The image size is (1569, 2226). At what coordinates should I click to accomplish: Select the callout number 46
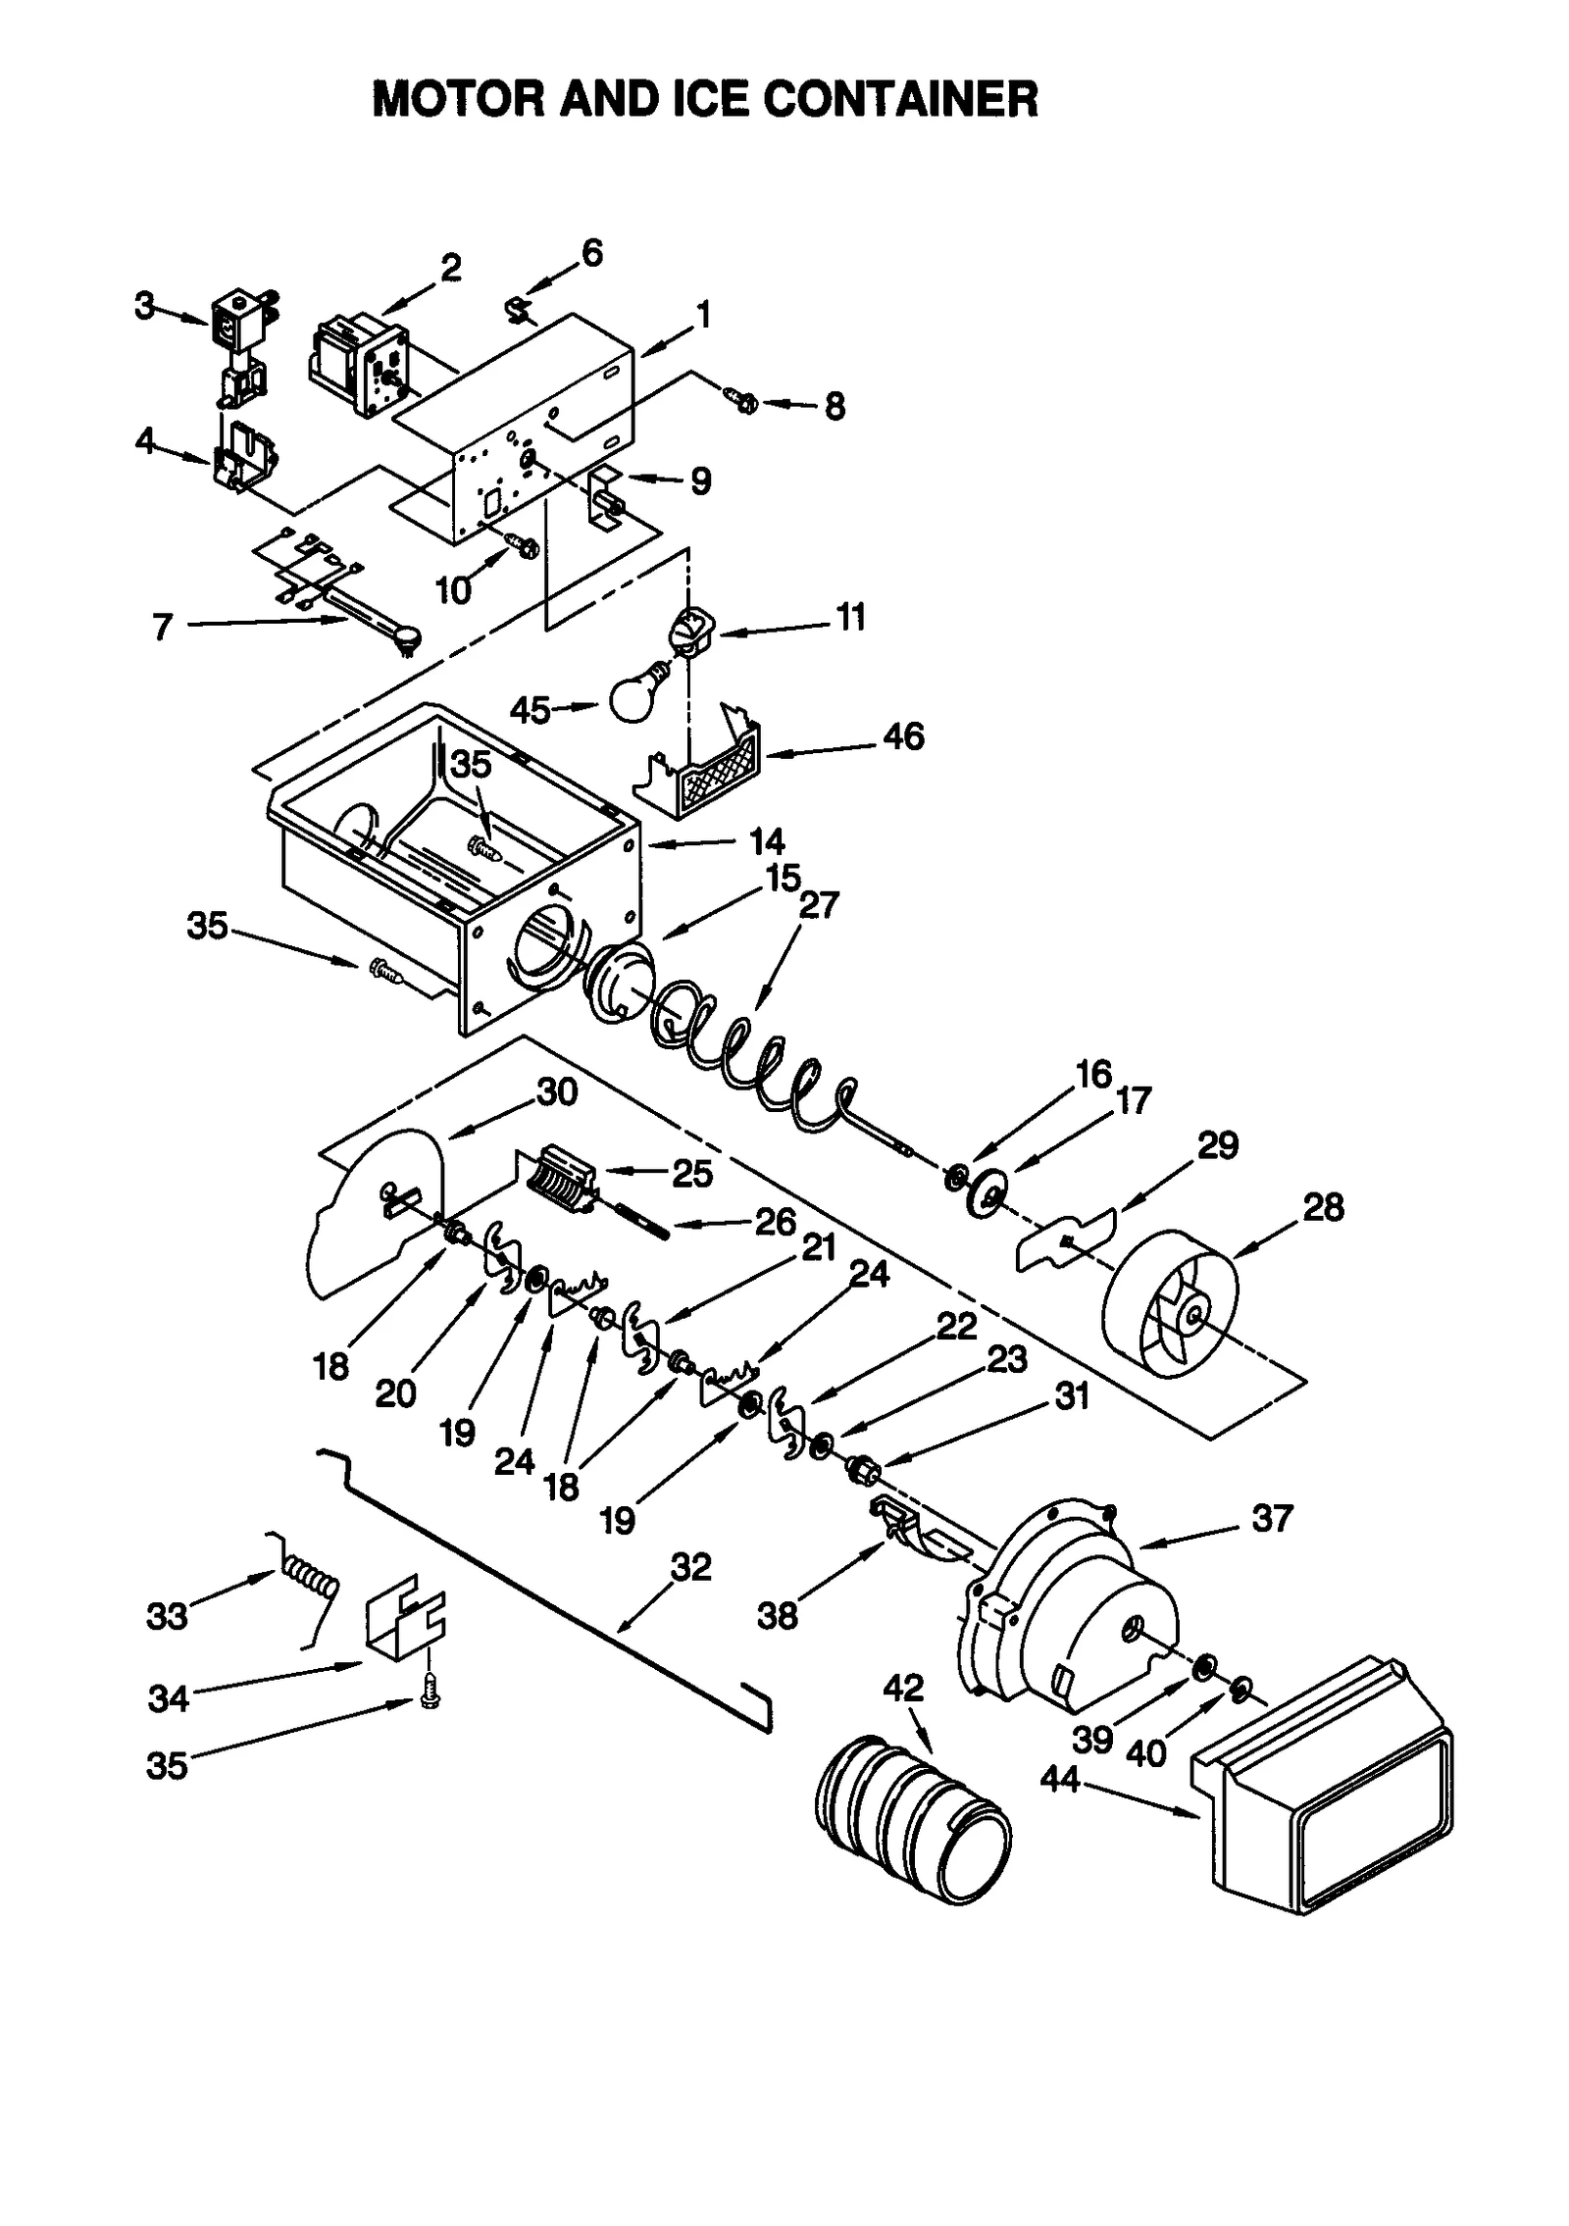click(902, 736)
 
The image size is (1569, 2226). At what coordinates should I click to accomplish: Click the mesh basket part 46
click(721, 774)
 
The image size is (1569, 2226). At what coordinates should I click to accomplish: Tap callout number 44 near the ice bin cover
click(1059, 1779)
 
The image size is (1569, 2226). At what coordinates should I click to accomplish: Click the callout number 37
click(1272, 1519)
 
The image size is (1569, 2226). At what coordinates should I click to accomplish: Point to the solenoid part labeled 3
click(238, 329)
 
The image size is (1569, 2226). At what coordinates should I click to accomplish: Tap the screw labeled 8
click(740, 398)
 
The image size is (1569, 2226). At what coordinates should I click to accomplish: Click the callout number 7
click(163, 627)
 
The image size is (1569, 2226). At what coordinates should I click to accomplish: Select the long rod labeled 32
click(549, 1596)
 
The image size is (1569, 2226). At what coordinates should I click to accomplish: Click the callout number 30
click(557, 1091)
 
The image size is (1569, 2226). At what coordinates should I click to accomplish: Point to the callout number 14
click(766, 841)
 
